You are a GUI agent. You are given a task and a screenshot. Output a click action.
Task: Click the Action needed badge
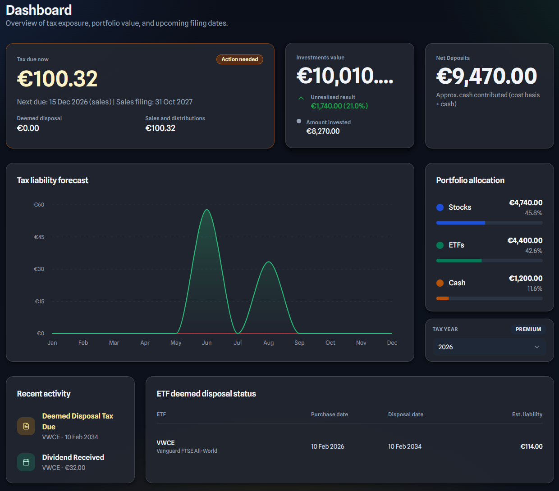pos(239,59)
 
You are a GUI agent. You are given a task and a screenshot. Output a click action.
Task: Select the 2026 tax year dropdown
pos(489,347)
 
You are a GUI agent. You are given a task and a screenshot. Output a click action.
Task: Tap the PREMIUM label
pos(528,329)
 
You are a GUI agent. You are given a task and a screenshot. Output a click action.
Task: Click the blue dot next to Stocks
pos(440,207)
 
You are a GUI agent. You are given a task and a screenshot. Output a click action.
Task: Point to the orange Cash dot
pos(440,283)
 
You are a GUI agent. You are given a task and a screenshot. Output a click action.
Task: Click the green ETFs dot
pos(440,245)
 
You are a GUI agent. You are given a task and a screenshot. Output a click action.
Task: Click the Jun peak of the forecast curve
pos(206,210)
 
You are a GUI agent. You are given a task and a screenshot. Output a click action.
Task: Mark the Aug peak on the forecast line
pos(269,262)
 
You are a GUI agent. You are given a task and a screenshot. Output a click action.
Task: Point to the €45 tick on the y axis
pos(39,237)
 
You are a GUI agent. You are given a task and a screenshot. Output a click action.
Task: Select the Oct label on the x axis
pos(330,343)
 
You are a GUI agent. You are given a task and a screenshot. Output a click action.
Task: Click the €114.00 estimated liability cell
pos(531,446)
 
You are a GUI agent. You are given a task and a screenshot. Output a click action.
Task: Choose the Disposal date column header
pos(405,414)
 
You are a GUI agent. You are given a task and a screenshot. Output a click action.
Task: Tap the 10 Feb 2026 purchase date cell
pos(327,446)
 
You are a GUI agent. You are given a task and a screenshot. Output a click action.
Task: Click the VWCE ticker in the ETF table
pos(165,443)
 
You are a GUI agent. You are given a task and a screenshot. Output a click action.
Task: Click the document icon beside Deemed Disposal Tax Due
pos(26,426)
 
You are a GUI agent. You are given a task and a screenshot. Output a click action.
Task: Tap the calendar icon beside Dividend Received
pos(26,462)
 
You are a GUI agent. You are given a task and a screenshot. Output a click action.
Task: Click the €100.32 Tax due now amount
pos(57,79)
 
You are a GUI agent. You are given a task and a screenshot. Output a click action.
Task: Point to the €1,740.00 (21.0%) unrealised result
pos(339,106)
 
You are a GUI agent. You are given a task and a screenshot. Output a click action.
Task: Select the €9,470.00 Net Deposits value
pos(486,77)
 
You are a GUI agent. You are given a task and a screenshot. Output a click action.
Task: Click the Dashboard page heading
pos(39,10)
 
